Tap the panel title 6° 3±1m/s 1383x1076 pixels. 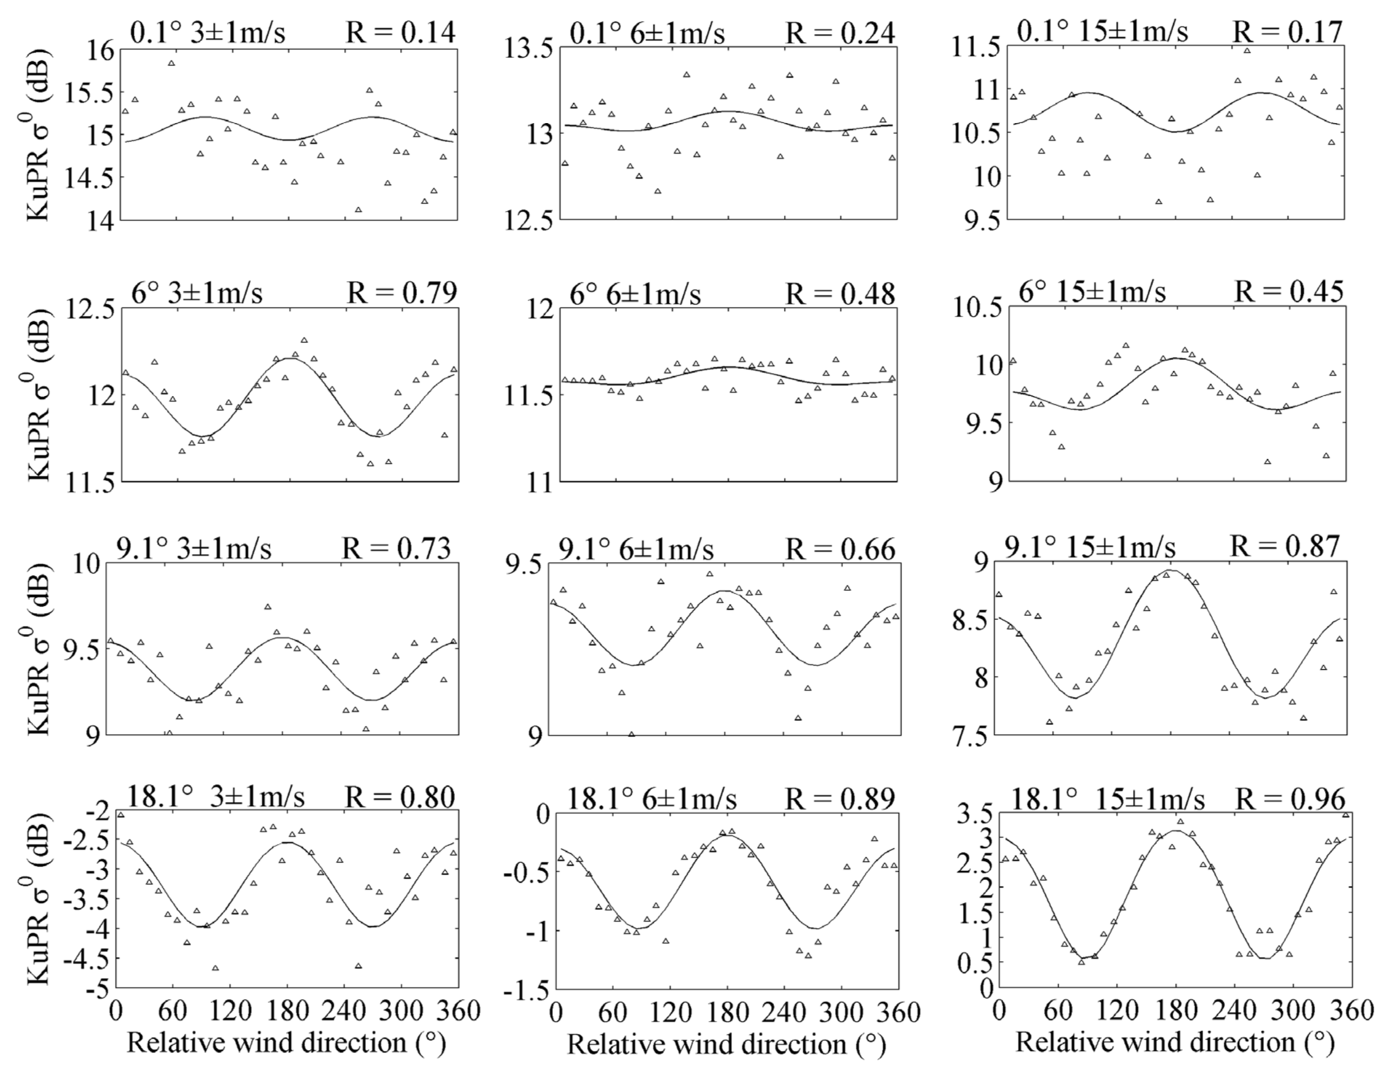point(197,293)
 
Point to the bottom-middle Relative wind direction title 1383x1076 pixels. point(725,1045)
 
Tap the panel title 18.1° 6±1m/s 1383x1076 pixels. point(651,800)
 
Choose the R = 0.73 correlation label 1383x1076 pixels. point(396,548)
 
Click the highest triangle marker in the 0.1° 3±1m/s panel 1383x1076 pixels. point(171,63)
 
